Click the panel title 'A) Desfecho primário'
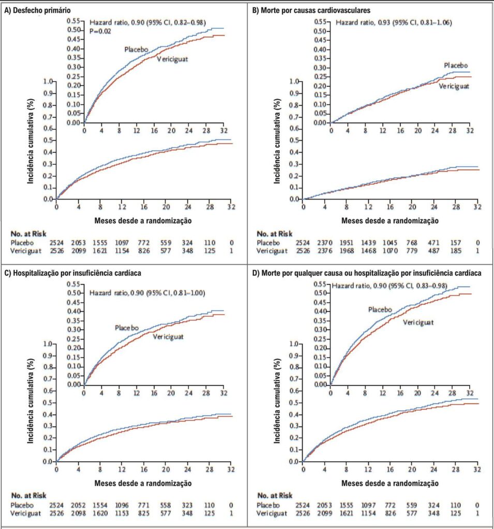37,10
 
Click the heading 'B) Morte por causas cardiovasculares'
311,10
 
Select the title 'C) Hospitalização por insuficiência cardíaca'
72,273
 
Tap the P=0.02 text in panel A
100,32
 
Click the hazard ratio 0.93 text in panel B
394,23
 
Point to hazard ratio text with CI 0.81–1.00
147,293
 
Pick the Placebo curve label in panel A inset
136,50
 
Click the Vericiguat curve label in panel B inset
454,86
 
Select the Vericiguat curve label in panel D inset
418,322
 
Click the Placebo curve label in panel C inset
127,328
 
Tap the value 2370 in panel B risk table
325,243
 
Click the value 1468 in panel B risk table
368,251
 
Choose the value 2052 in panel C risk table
79,505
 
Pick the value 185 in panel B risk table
456,251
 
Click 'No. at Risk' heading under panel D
274,495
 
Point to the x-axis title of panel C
143,484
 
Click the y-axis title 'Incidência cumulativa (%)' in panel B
277,141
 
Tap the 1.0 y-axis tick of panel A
48,81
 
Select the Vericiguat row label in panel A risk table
26,251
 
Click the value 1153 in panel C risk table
122,514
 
